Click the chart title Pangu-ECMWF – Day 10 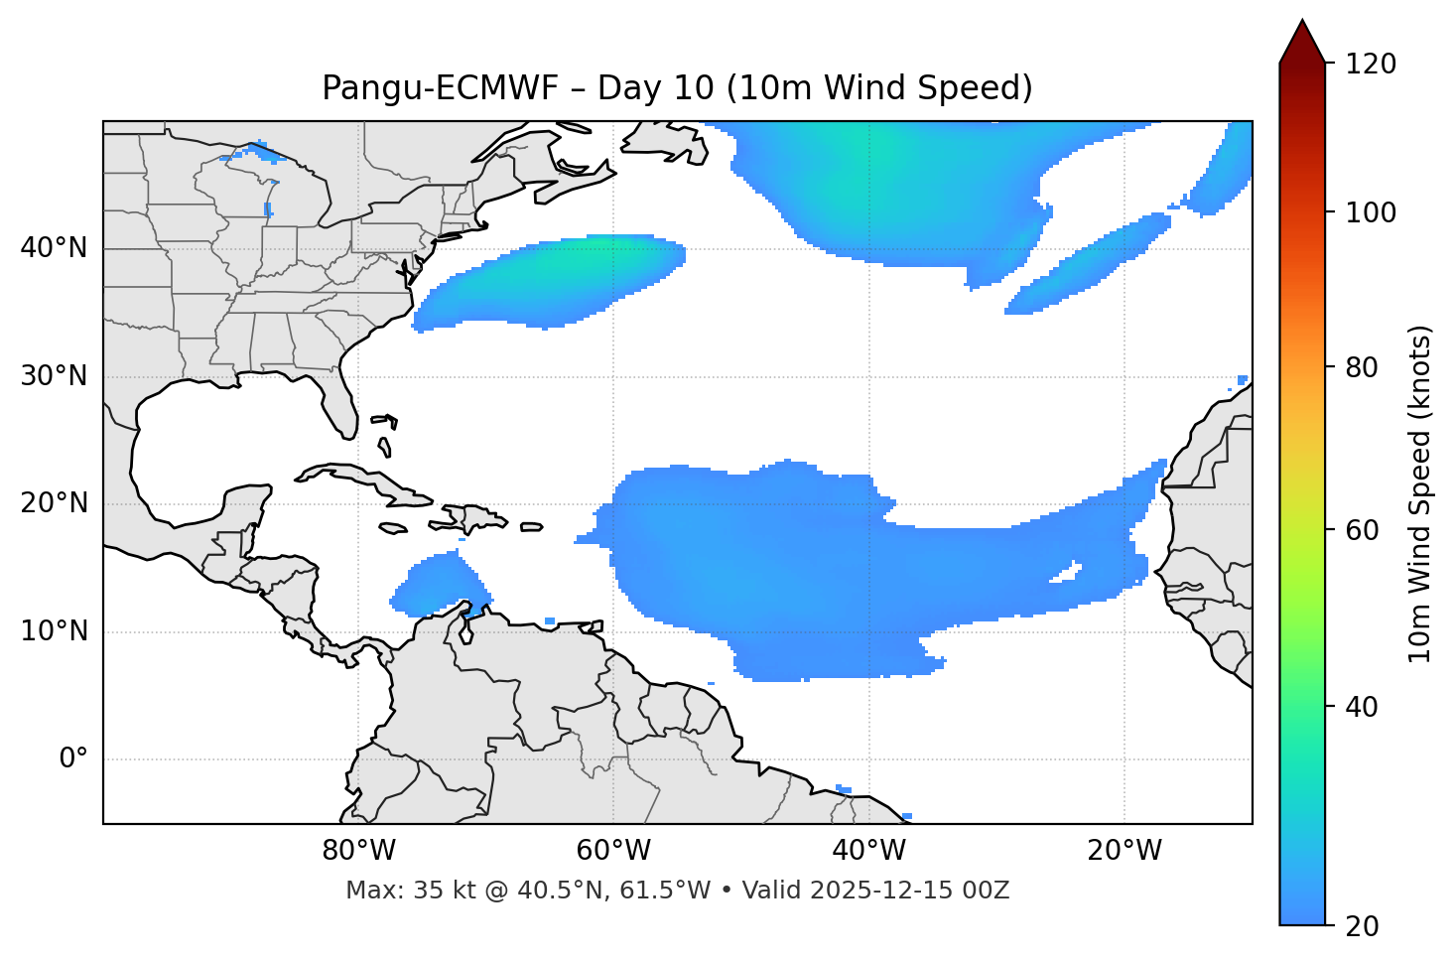click(677, 88)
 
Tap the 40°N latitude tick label click(54, 248)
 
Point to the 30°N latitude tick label click(54, 376)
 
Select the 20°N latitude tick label click(54, 503)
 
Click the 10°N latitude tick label click(54, 631)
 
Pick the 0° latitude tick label click(73, 759)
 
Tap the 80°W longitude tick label click(358, 851)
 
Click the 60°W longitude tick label click(613, 851)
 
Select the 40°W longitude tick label click(868, 851)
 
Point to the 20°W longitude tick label click(1124, 851)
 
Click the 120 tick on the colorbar click(1371, 65)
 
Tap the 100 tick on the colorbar click(1371, 212)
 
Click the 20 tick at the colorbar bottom click(1362, 926)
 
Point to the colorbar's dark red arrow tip click(1302, 24)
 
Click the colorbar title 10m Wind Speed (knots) click(1420, 493)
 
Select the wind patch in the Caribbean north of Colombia click(437, 586)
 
